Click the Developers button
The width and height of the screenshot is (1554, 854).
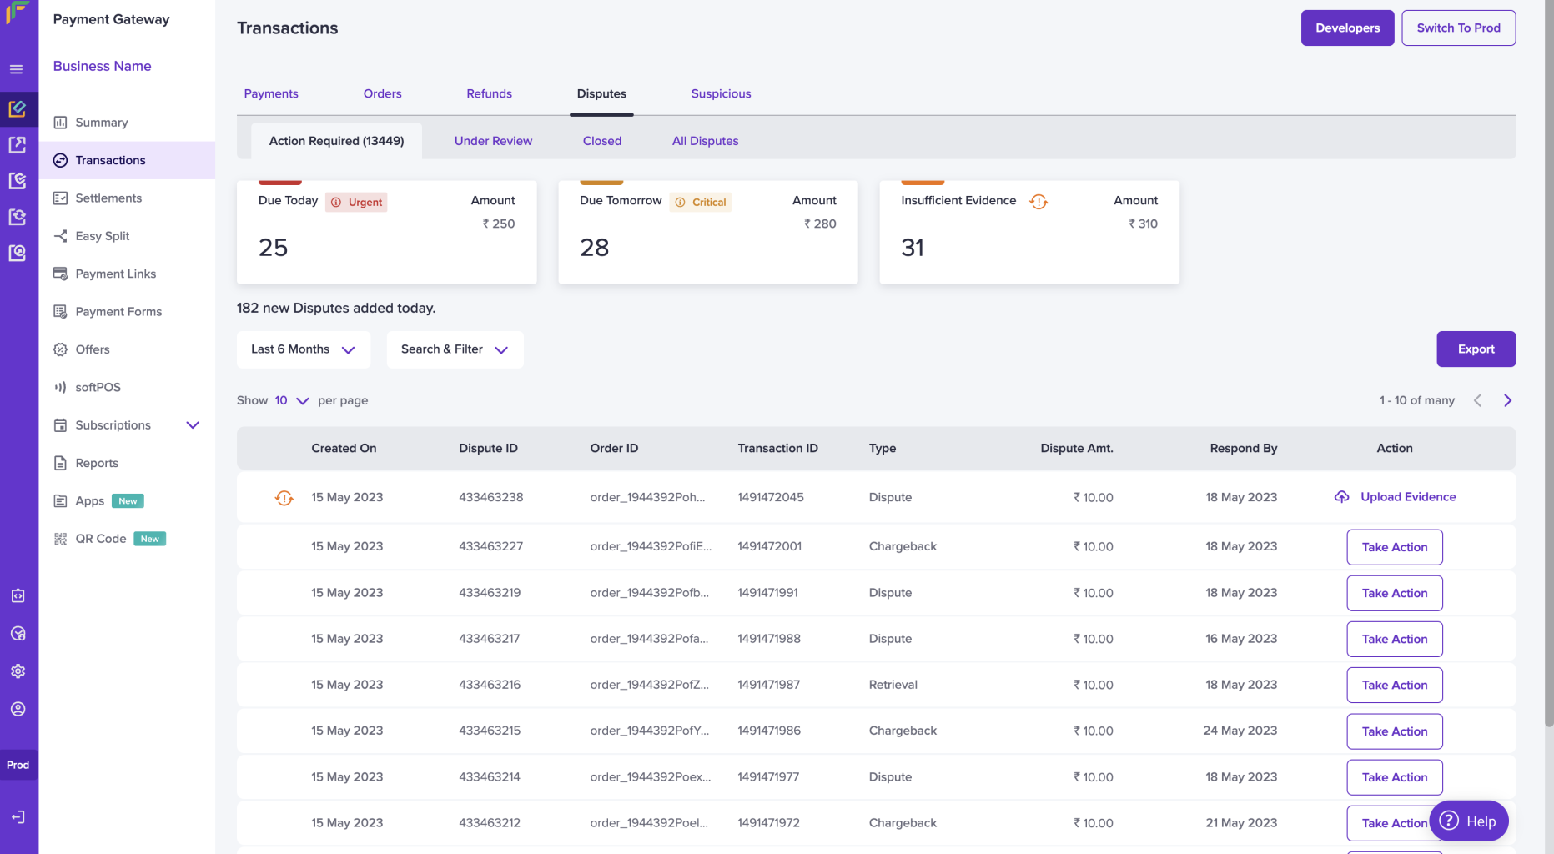click(x=1347, y=28)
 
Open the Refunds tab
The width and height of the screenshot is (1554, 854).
click(x=489, y=93)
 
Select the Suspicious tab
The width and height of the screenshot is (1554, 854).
click(x=721, y=93)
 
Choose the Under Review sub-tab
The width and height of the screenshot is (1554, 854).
click(x=493, y=141)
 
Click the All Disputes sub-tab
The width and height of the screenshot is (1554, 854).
click(x=705, y=141)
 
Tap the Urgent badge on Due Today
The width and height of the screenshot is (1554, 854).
click(x=356, y=202)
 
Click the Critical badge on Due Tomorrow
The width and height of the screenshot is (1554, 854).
click(x=701, y=202)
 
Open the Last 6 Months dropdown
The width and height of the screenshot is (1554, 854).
click(x=304, y=349)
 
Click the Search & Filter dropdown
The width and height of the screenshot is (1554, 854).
click(x=455, y=349)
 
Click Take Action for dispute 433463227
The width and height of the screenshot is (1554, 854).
click(x=1395, y=547)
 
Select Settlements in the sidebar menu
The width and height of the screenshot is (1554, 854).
click(x=108, y=198)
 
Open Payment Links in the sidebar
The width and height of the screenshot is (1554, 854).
click(x=116, y=274)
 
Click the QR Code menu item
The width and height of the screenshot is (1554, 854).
click(x=101, y=539)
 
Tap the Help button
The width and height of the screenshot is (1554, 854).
click(x=1469, y=821)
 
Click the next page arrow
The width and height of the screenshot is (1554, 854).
click(x=1507, y=400)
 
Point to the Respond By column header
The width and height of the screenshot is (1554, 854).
click(x=1243, y=448)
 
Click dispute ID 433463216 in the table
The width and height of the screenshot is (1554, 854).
click(x=490, y=685)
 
